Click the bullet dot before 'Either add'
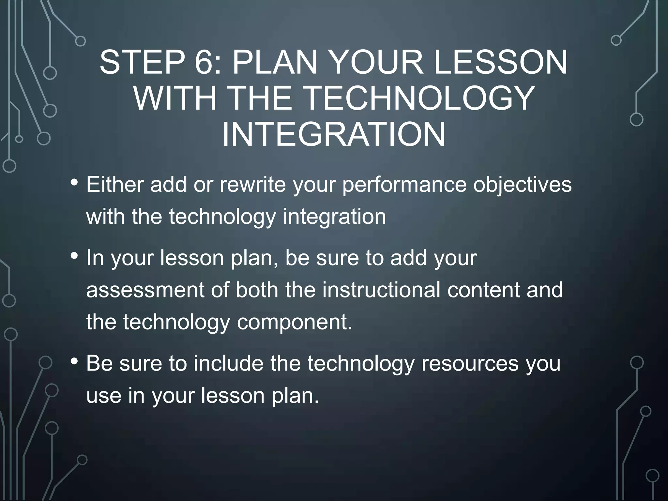(74, 182)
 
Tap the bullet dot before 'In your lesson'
(74, 255)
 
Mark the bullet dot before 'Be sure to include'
(74, 361)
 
